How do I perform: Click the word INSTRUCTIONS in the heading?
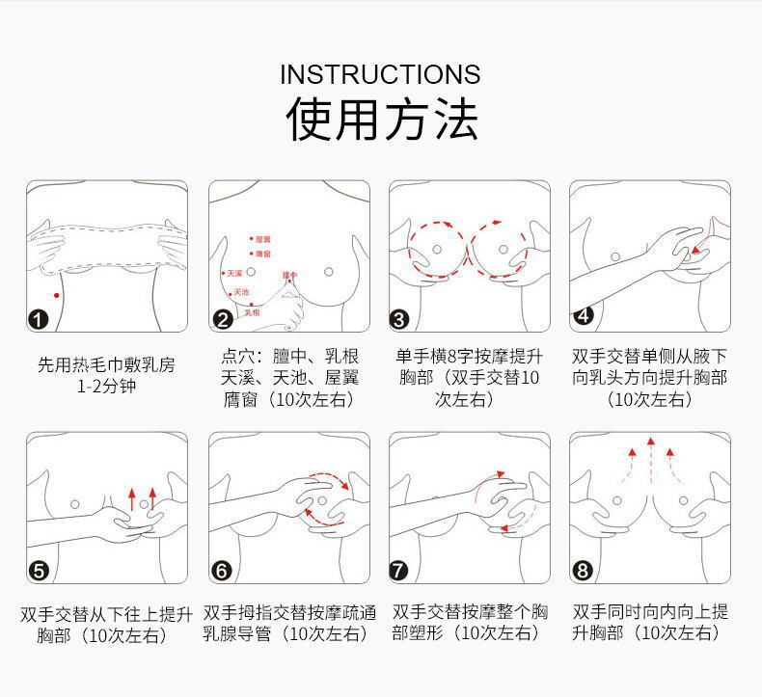[x=380, y=75]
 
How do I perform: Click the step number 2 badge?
[x=222, y=320]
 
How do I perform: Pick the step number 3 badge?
[x=399, y=320]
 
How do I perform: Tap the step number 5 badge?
[x=39, y=571]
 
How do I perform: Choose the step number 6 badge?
[x=222, y=571]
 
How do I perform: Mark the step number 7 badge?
[x=399, y=571]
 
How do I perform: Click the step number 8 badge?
[x=583, y=571]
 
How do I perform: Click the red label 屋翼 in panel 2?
[x=262, y=238]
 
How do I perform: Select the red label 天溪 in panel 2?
[x=234, y=274]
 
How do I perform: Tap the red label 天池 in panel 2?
[x=241, y=291]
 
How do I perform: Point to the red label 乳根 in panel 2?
[x=253, y=311]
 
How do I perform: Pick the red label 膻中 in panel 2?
[x=289, y=276]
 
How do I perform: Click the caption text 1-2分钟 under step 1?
[x=106, y=388]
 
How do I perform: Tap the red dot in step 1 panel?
[x=57, y=295]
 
